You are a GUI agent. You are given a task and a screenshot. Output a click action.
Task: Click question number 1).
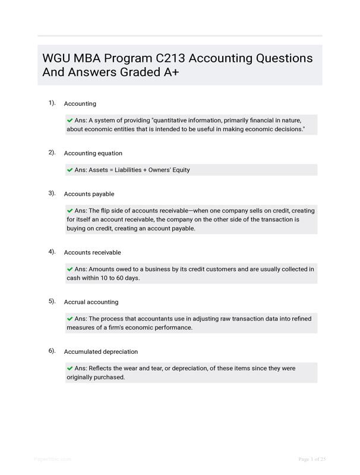[52, 103]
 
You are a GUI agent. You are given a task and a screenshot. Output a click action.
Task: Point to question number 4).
[52, 252]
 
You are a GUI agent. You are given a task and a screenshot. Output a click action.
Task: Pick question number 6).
[52, 351]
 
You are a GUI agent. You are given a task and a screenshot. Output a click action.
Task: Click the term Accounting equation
[93, 153]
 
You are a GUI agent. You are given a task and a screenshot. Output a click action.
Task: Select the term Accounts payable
[89, 194]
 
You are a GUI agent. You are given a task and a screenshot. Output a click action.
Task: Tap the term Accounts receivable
[92, 252]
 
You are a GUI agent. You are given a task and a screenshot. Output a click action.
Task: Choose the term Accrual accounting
[91, 302]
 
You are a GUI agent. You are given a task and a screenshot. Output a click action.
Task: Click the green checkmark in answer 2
[70, 170]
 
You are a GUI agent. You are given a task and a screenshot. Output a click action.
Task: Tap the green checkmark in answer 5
[70, 319]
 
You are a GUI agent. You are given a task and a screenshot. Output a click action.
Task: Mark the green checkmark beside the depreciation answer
[70, 368]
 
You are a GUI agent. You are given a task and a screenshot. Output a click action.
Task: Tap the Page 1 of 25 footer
[312, 459]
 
